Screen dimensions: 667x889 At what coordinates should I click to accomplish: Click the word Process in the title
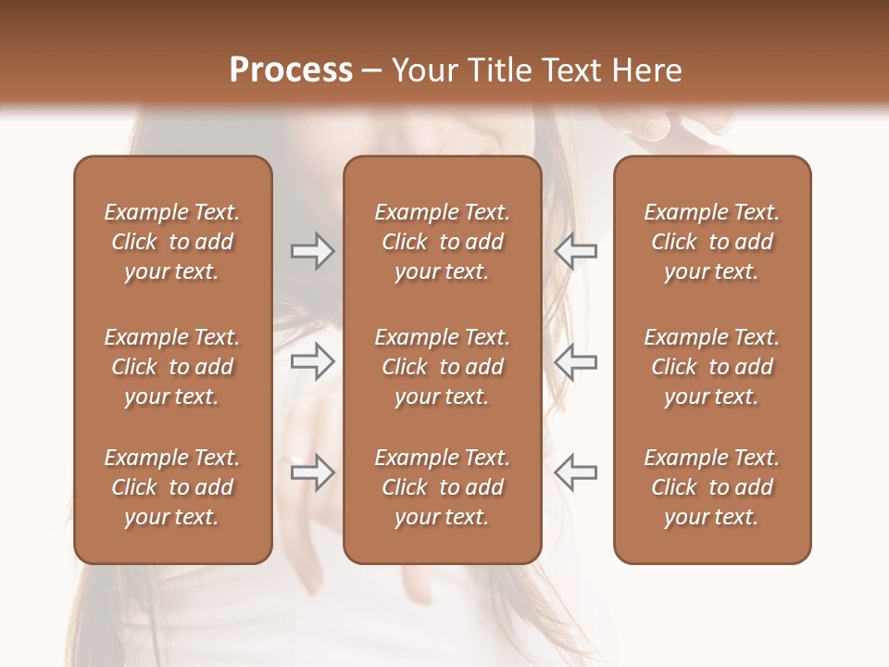tap(291, 70)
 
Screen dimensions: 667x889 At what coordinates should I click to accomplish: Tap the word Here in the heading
tap(647, 70)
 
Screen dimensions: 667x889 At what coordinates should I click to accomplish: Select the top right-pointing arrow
tap(313, 251)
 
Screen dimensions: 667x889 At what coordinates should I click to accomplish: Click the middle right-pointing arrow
tap(313, 361)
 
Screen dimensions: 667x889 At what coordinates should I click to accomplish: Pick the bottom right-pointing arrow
tap(313, 472)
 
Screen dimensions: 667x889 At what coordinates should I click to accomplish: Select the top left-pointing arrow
tap(576, 251)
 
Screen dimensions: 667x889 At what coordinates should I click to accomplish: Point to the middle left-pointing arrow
tap(576, 361)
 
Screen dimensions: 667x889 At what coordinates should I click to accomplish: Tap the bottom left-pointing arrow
tap(576, 472)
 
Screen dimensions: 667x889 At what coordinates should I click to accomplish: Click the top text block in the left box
tap(172, 242)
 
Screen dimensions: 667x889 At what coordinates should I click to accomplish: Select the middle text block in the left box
tap(172, 367)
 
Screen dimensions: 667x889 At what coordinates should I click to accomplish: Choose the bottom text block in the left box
tap(172, 487)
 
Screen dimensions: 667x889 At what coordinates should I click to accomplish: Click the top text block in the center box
tap(442, 242)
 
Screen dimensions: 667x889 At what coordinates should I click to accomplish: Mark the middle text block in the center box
tap(442, 367)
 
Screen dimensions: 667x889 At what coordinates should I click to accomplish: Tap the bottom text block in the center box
tap(442, 487)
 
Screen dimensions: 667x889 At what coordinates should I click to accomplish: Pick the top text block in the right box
tap(712, 242)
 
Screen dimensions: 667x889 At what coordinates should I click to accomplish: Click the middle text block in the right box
tap(712, 367)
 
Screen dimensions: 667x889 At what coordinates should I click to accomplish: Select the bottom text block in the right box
tap(712, 487)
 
